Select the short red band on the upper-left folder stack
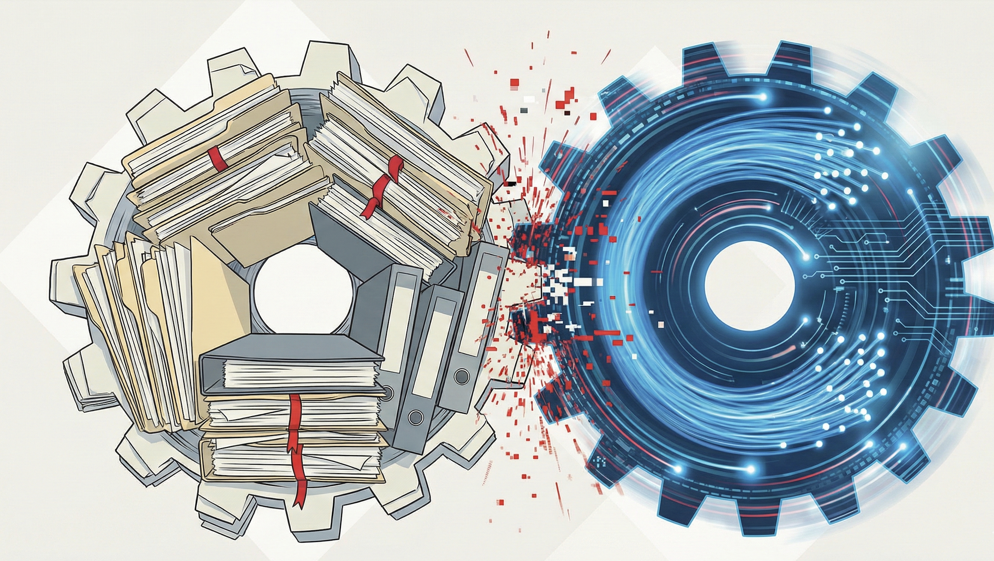pyautogui.click(x=216, y=160)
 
